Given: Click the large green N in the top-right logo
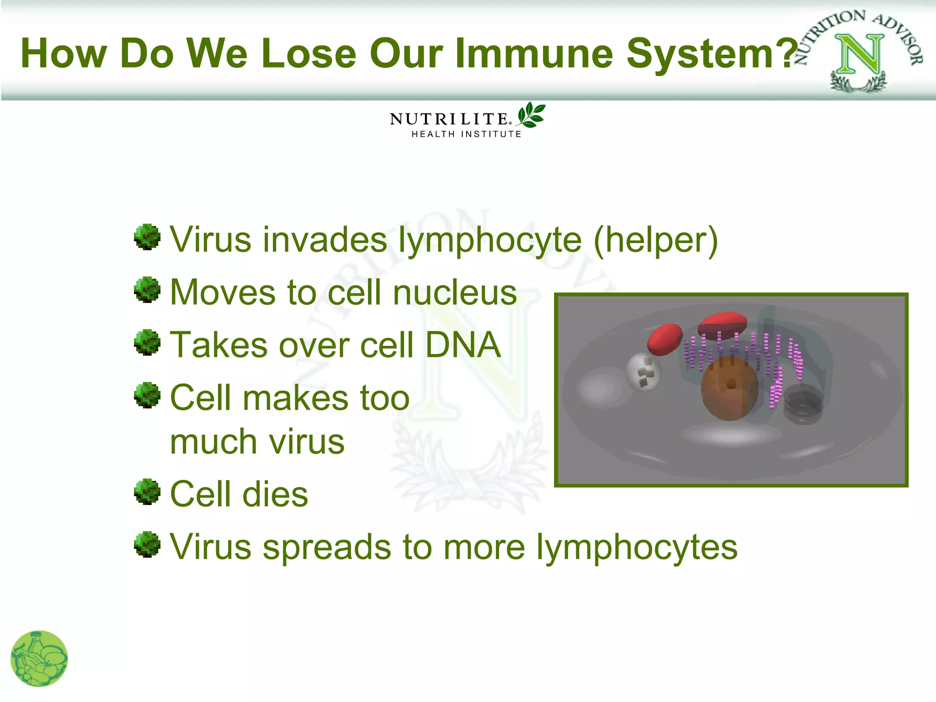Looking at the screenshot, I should (859, 55).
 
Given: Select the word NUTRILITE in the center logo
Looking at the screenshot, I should (449, 119).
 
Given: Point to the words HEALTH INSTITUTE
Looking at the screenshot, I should (466, 134).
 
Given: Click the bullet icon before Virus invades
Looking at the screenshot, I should (147, 237).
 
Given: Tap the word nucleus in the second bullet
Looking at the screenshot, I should (455, 292).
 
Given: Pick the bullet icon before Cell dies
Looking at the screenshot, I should (147, 492).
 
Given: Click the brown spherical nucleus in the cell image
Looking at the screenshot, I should (729, 388).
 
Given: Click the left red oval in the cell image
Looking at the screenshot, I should (665, 339).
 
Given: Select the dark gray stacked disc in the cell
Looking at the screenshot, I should (803, 404).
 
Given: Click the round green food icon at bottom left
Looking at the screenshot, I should (39, 659).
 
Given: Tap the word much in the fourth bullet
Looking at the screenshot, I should (213, 442).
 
